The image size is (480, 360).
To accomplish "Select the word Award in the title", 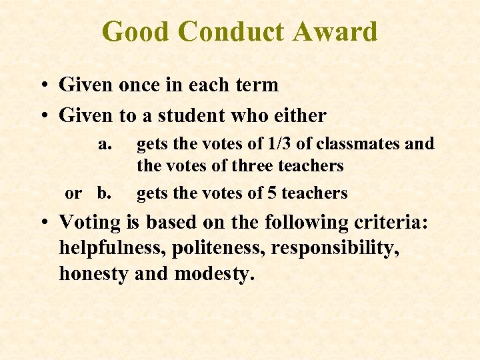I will pyautogui.click(x=341, y=31).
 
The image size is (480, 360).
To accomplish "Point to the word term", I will pyautogui.click(x=257, y=85).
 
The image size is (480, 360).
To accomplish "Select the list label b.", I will pyautogui.click(x=105, y=193).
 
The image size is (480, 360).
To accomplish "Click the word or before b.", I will pyautogui.click(x=73, y=193).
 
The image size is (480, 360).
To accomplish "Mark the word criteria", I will pyautogui.click(x=382, y=223).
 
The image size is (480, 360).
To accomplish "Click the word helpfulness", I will pyautogui.click(x=111, y=248).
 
